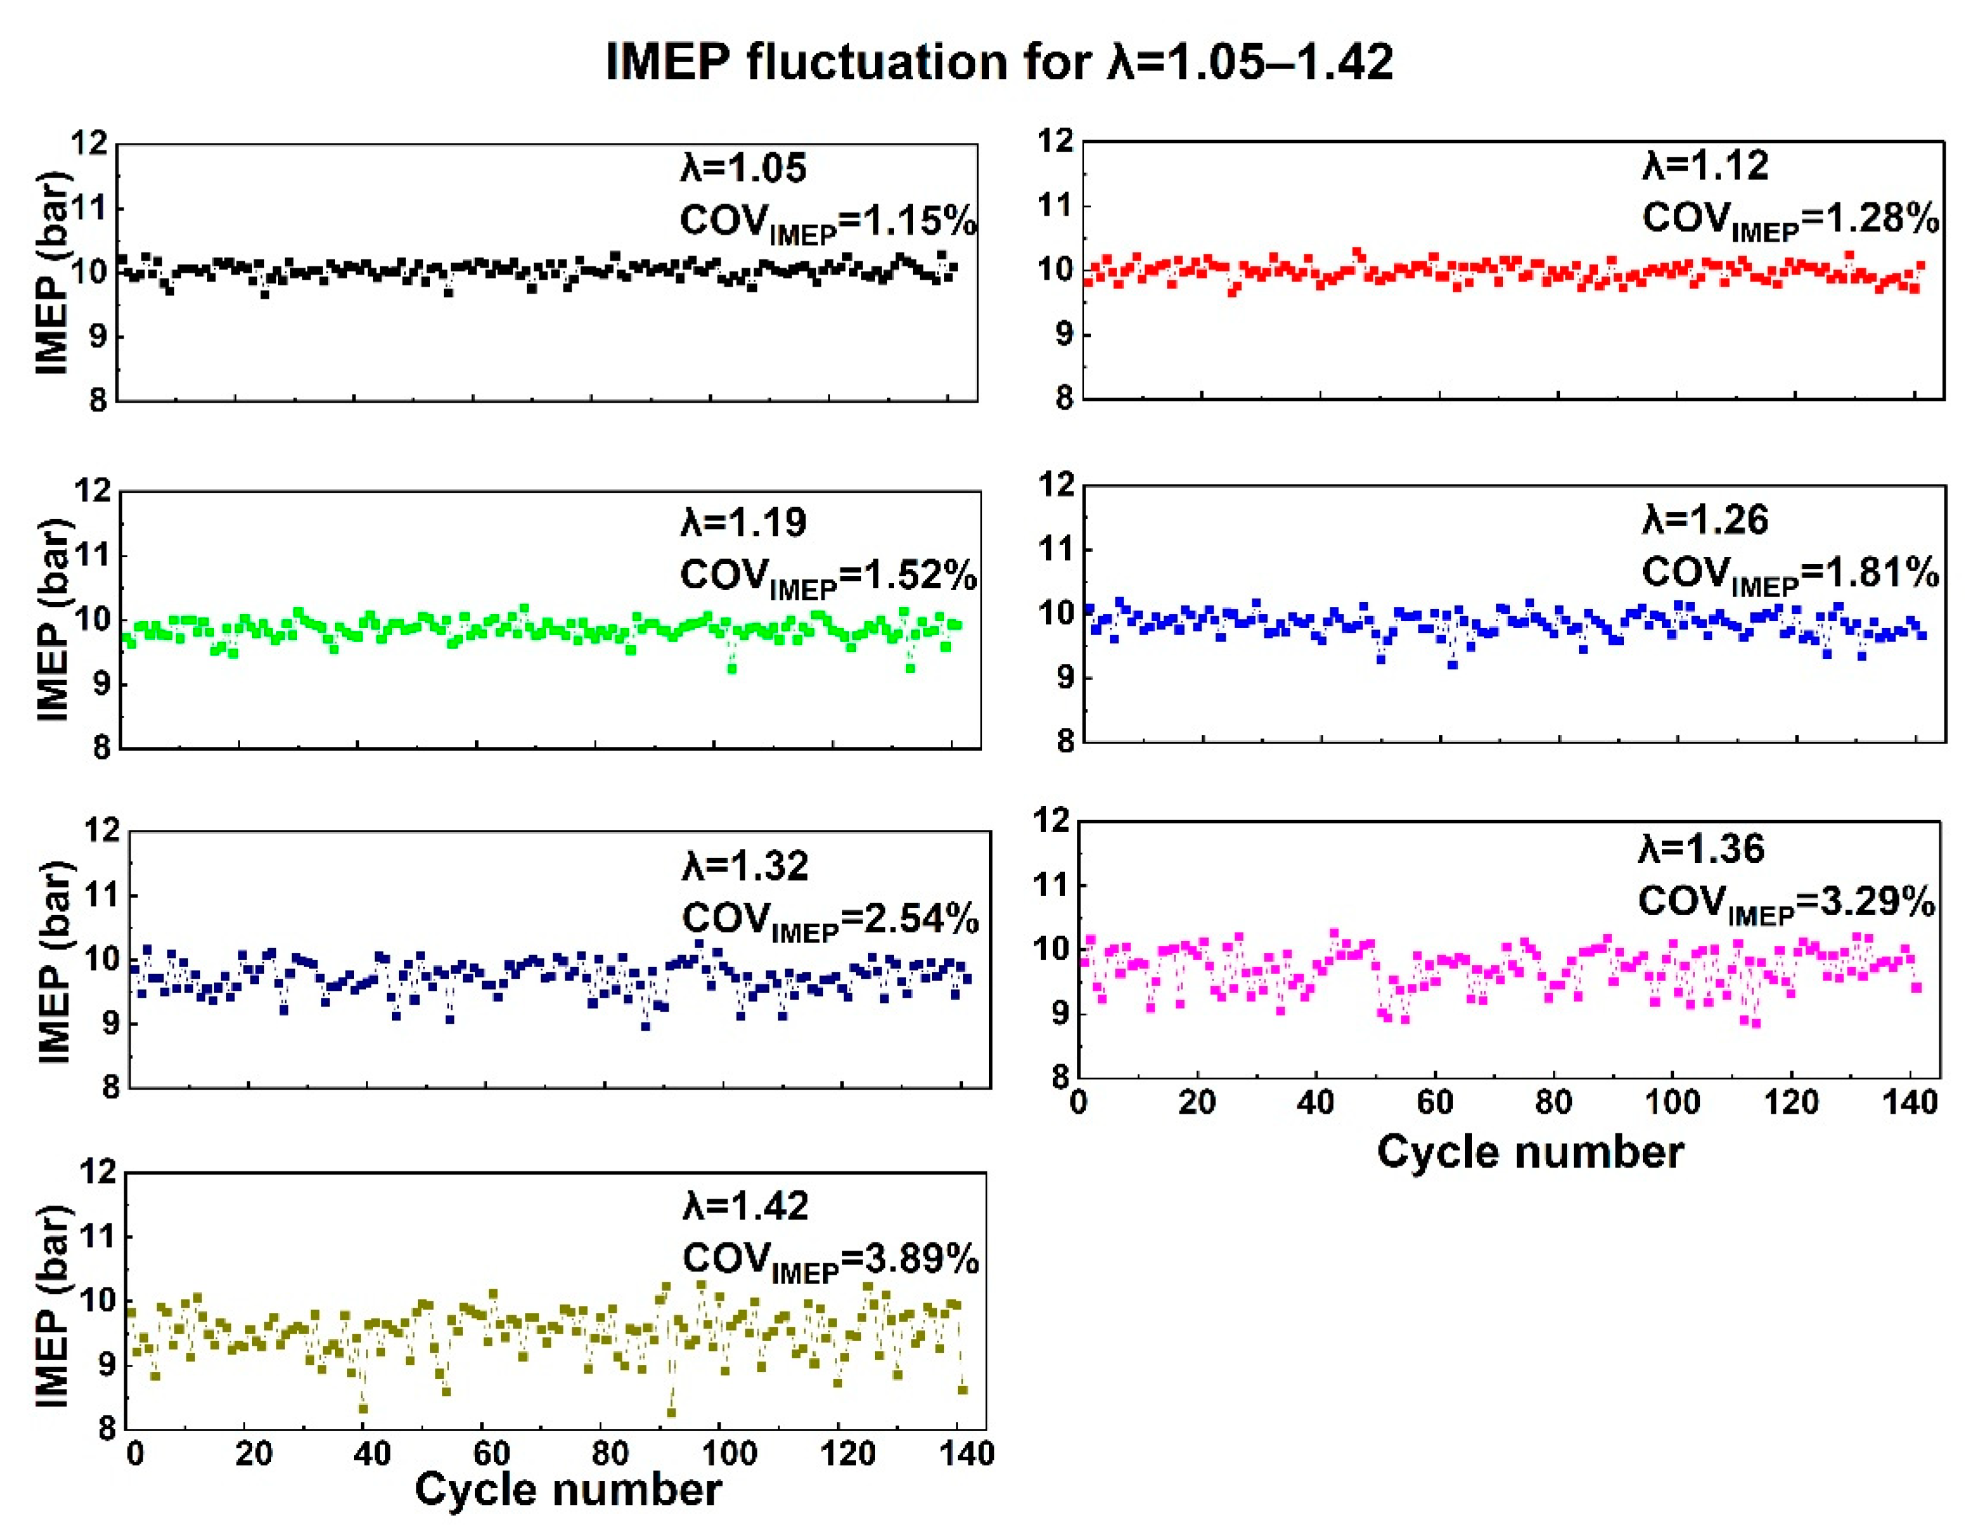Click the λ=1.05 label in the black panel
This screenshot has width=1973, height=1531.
(744, 169)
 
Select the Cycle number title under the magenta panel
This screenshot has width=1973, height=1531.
(1530, 1152)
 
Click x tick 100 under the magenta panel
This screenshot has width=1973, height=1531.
(1672, 1103)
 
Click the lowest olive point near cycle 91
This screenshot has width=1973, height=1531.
(671, 1412)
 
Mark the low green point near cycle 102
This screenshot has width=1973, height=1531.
(731, 668)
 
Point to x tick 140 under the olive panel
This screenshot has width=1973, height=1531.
(967, 1454)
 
